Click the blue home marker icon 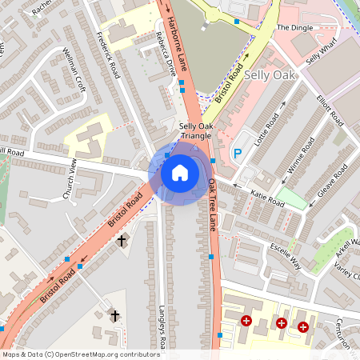pyautogui.click(x=180, y=172)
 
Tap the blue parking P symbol pyautogui.click(x=237, y=153)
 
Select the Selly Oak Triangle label pyautogui.click(x=196, y=131)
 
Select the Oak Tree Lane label pyautogui.click(x=214, y=205)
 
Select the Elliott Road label pyautogui.click(x=329, y=111)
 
